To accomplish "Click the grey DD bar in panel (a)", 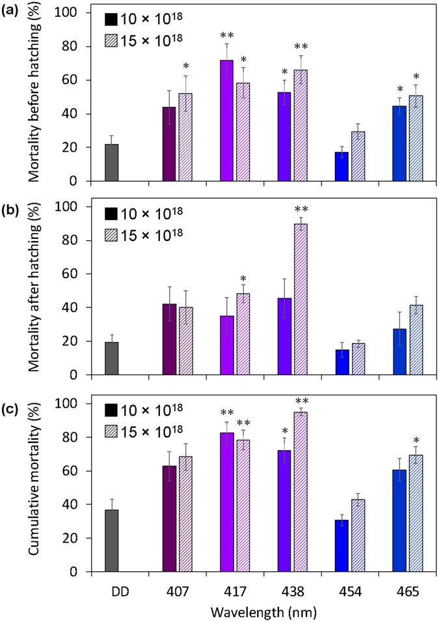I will [112, 163].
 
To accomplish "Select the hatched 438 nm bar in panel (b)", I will [301, 300].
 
